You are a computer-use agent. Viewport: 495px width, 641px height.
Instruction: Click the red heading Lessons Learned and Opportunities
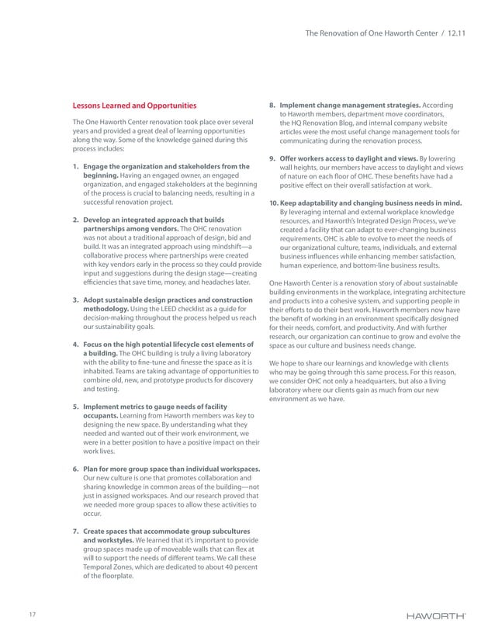pyautogui.click(x=134, y=106)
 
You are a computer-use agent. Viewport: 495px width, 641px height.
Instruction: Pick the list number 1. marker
pyautogui.click(x=75, y=166)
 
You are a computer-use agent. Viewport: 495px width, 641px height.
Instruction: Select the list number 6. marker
pyautogui.click(x=75, y=469)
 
